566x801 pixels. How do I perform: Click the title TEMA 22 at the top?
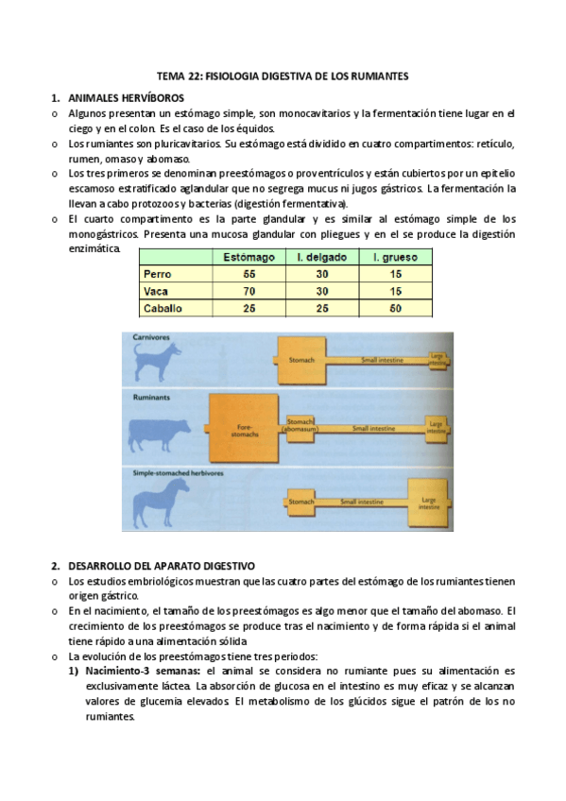[283, 76]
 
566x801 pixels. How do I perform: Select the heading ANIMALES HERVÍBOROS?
[127, 97]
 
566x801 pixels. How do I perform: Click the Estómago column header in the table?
[249, 257]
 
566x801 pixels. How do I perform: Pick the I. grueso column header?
[395, 257]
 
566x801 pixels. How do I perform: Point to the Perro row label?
[156, 274]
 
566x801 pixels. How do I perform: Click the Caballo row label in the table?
[162, 308]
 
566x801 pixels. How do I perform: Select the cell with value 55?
[249, 274]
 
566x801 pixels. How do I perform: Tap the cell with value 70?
[249, 291]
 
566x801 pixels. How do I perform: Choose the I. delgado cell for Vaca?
[322, 291]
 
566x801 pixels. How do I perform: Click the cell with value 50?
[395, 308]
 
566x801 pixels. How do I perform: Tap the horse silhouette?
[161, 497]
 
